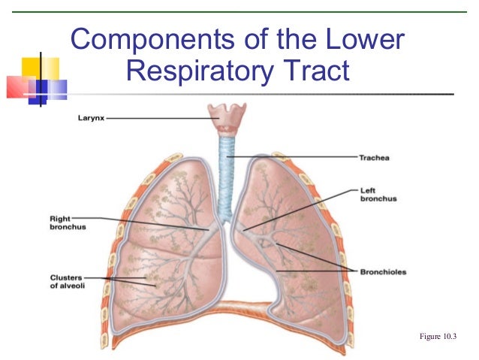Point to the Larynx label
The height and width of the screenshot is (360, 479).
tap(92, 118)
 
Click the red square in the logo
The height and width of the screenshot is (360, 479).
tap(18, 88)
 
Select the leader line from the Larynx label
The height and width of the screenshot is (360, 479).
tap(158, 118)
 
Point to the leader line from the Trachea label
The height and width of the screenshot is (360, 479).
tap(293, 157)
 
